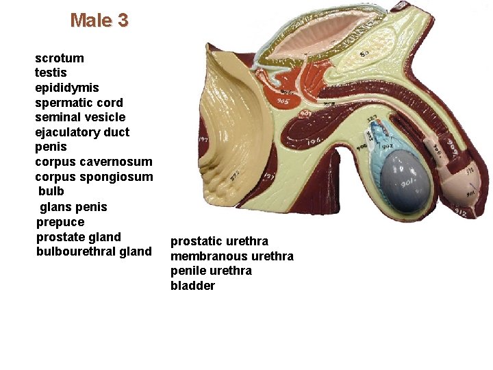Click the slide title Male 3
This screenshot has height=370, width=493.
coord(99,21)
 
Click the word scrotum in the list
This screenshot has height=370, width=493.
coord(60,58)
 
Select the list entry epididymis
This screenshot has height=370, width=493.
coord(67,88)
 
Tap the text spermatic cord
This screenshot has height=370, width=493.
coord(79,103)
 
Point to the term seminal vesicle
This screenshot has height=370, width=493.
coord(80,117)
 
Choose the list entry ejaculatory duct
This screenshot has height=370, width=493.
coord(82,132)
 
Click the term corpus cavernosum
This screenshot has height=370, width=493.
coord(94,162)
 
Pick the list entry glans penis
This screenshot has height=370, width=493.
coord(74,207)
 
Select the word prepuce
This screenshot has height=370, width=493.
coord(60,222)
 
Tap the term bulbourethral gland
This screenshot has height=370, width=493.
coord(94,251)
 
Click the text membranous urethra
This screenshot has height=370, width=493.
coord(232,256)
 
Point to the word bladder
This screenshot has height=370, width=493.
coord(192,286)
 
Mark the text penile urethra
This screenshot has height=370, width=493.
coord(211,271)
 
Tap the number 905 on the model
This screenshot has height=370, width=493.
coord(283,102)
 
